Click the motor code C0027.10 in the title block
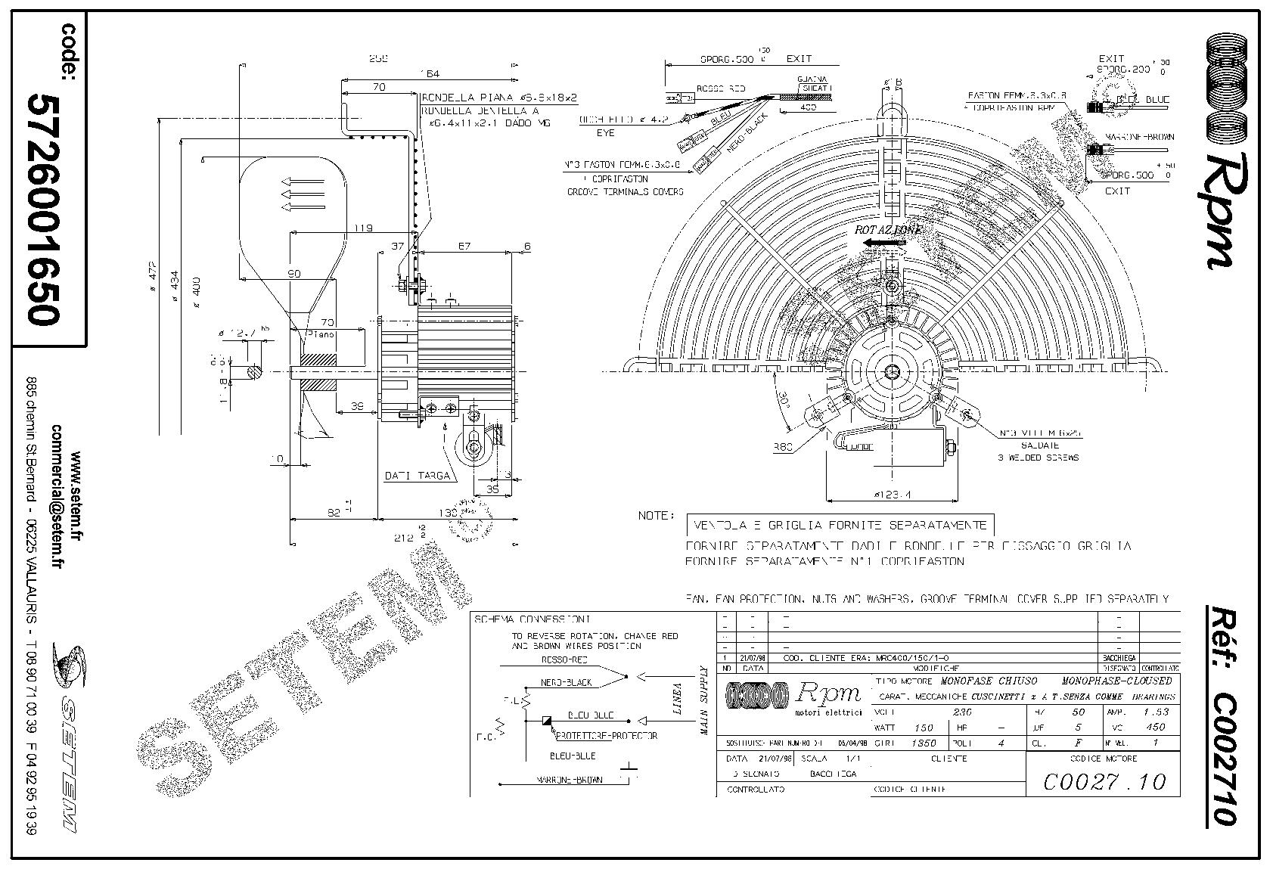(x=1104, y=781)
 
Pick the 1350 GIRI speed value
(x=924, y=743)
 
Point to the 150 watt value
(x=924, y=728)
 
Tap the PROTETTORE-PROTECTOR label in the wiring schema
(x=607, y=735)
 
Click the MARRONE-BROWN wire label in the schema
(x=570, y=780)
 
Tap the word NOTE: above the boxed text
(x=656, y=515)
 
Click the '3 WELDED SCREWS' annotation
(x=1038, y=458)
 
